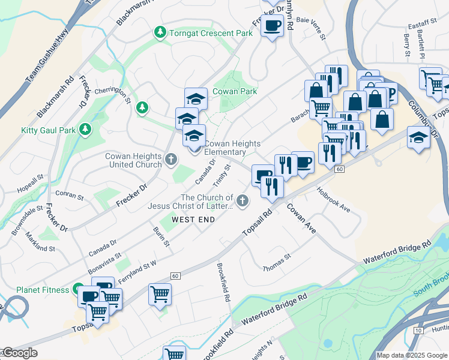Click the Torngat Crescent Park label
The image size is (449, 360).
pyautogui.click(x=211, y=33)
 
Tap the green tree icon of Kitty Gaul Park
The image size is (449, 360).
pyautogui.click(x=85, y=129)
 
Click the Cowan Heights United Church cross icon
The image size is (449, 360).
pyautogui.click(x=171, y=160)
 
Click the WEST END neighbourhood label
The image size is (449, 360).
pyautogui.click(x=193, y=220)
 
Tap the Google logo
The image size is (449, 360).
pyautogui.click(x=19, y=353)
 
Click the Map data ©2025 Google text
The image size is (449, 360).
pyautogui.click(x=412, y=355)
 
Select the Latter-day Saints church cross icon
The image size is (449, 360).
pyautogui.click(x=243, y=201)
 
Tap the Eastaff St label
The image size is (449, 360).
pyautogui.click(x=421, y=24)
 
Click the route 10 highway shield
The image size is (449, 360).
pyautogui.click(x=418, y=330)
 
